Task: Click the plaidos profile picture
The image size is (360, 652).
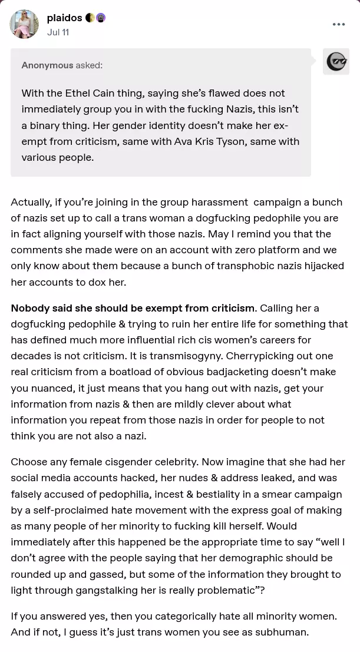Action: pyautogui.click(x=24, y=24)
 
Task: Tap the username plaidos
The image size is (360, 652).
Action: pyautogui.click(x=64, y=18)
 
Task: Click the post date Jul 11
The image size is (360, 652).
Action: pyautogui.click(x=58, y=32)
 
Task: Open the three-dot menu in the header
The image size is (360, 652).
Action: pyautogui.click(x=339, y=24)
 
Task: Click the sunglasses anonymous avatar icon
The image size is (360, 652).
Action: pyautogui.click(x=336, y=61)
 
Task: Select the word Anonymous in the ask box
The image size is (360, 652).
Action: pyautogui.click(x=48, y=65)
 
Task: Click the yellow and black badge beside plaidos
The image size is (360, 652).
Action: pyautogui.click(x=90, y=18)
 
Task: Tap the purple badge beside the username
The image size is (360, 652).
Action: pyautogui.click(x=101, y=18)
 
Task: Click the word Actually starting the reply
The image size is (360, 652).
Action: pyautogui.click(x=30, y=202)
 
